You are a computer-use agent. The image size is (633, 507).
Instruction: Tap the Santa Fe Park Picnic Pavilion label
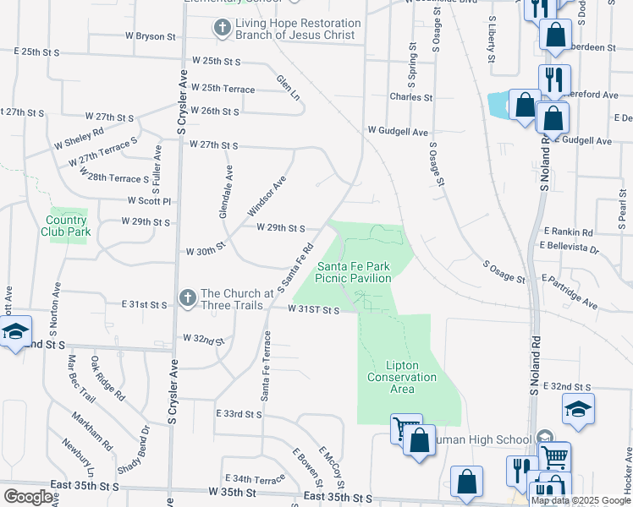coord(353,271)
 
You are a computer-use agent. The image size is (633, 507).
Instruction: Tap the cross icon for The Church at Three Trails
coord(187,298)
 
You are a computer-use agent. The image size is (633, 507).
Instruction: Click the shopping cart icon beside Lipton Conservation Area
coord(405,428)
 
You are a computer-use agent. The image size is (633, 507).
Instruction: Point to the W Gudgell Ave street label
coord(398,132)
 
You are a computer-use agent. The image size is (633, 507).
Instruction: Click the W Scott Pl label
coord(150,201)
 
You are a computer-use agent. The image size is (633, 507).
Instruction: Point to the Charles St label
coord(411,97)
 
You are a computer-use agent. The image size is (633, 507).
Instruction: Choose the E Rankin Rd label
coord(569,231)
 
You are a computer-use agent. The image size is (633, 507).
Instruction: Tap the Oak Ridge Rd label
coord(107,379)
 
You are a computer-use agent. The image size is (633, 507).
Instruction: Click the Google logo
coord(28,497)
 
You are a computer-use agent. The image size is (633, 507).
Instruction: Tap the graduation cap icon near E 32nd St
coord(579,409)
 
